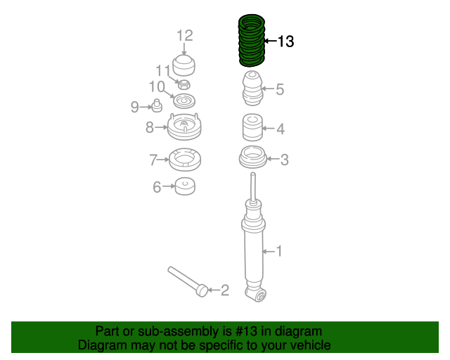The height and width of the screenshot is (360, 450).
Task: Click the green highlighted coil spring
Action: click(252, 40)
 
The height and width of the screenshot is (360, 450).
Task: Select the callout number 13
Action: click(286, 41)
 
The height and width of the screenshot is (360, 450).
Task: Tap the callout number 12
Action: click(184, 36)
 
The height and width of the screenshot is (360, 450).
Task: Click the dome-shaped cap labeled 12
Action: click(184, 65)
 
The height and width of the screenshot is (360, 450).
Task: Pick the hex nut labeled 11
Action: click(184, 84)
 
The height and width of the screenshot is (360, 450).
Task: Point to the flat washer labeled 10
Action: click(184, 101)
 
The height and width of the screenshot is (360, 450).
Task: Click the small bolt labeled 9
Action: click(157, 105)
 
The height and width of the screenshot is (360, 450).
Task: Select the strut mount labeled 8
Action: click(184, 127)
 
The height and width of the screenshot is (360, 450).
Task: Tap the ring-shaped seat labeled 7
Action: click(185, 160)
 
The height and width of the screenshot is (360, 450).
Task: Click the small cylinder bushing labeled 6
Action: click(185, 186)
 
